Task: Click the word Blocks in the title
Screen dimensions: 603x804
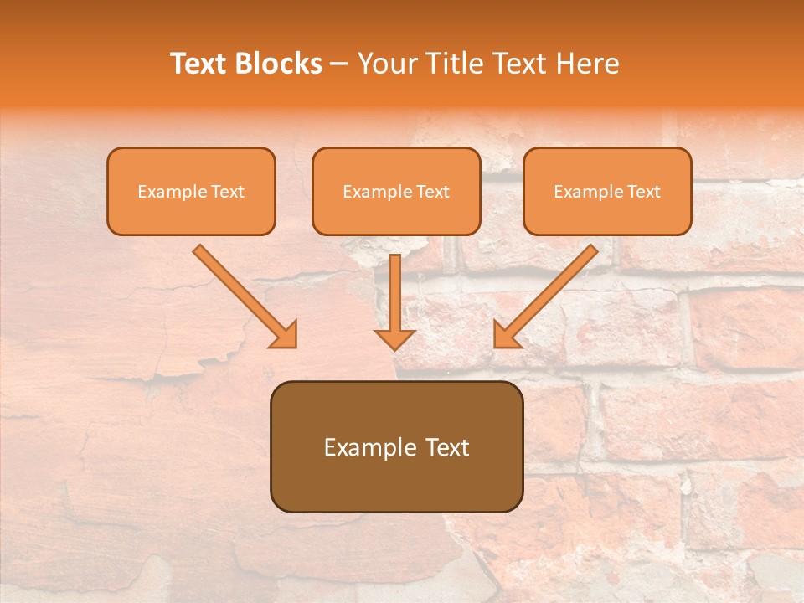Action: coord(280,64)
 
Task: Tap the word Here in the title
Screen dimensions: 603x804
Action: coord(590,64)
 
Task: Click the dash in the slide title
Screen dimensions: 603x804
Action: coord(339,64)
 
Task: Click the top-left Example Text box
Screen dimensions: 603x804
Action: coord(191,191)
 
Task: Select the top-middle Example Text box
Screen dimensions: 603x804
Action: coord(396,191)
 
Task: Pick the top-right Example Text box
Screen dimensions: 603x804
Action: coord(607,191)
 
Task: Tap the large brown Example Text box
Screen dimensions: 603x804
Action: coord(396,446)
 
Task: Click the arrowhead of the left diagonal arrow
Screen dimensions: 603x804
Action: coord(285,335)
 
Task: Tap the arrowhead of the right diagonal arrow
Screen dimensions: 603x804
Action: coord(506,335)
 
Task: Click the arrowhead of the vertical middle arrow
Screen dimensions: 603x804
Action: coord(394,338)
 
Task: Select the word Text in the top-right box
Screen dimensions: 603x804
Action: coord(643,192)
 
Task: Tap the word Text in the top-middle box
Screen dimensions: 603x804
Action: coord(432,192)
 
